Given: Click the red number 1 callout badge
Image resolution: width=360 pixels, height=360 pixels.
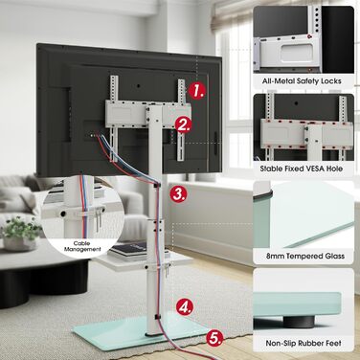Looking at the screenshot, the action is pos(196,90).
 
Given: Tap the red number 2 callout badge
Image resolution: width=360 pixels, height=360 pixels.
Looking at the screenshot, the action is pos(184,124).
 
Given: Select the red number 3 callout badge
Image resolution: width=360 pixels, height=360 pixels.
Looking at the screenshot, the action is pos(178,193).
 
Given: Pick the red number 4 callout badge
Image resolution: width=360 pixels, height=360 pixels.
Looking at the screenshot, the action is pos(185,307).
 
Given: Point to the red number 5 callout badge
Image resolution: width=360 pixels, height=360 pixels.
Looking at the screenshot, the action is pos(214,338).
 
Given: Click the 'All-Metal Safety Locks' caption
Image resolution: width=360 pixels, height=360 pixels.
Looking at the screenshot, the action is pos(302,81).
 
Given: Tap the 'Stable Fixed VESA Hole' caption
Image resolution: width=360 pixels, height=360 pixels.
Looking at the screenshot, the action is pos(302,169).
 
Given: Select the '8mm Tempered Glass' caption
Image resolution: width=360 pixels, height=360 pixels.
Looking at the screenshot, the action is pos(305,256).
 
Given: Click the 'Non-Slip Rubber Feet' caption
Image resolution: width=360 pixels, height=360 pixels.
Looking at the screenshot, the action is pos(304,344).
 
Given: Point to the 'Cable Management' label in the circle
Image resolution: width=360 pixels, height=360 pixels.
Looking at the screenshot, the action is pos(81,246).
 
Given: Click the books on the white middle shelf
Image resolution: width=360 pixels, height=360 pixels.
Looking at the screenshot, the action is pos(128,250).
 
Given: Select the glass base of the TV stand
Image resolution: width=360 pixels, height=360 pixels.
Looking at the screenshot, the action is pos(141,330).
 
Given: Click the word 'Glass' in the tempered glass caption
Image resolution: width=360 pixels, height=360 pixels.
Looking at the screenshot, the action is pos(333,256).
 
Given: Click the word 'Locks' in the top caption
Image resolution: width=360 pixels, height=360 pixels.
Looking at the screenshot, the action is pos(331,81).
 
